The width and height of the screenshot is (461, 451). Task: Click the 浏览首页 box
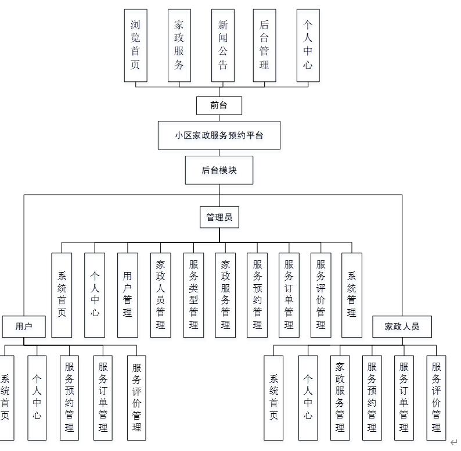[135, 45]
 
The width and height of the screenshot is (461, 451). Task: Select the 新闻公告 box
[222, 45]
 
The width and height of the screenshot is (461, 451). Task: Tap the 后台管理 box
[264, 45]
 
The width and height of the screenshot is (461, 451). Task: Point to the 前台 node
[219, 105]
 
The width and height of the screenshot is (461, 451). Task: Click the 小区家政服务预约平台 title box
[219, 135]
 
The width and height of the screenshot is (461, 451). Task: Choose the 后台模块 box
[219, 170]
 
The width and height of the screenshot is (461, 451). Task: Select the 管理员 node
[219, 217]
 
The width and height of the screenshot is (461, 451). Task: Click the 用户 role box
[24, 326]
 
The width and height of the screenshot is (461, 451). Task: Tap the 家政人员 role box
[402, 326]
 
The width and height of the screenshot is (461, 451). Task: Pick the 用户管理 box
[127, 295]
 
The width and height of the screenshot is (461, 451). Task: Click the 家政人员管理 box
[160, 295]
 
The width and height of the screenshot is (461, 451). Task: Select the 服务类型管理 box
[193, 295]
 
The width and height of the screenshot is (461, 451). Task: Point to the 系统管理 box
[351, 295]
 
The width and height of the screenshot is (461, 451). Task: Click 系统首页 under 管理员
[62, 295]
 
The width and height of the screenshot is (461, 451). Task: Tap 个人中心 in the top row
[308, 45]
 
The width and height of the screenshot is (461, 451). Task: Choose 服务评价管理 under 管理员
[320, 295]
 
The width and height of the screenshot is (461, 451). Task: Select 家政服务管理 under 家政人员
[340, 398]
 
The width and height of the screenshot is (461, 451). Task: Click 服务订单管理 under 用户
[103, 398]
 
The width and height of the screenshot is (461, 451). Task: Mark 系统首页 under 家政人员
[274, 398]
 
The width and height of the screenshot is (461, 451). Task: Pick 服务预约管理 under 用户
[69, 398]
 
